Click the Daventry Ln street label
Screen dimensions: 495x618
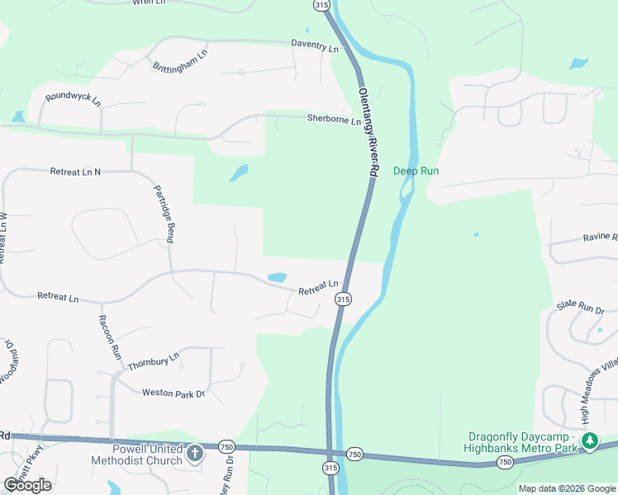click(315, 49)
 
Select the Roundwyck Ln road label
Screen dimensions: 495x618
click(73, 99)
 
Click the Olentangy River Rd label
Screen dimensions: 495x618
click(368, 131)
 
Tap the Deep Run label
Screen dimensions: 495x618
click(416, 171)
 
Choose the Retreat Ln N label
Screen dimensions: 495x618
click(75, 172)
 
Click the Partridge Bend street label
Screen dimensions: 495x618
click(164, 214)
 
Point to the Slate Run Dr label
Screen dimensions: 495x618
click(581, 307)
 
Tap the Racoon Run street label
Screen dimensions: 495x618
click(110, 336)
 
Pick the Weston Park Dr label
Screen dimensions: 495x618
click(173, 394)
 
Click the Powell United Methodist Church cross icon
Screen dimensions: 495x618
click(195, 452)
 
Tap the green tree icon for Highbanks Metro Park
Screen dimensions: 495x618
click(589, 441)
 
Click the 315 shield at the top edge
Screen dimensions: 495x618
click(321, 5)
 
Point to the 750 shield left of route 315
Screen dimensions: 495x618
click(227, 446)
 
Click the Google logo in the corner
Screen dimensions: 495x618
click(27, 485)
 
